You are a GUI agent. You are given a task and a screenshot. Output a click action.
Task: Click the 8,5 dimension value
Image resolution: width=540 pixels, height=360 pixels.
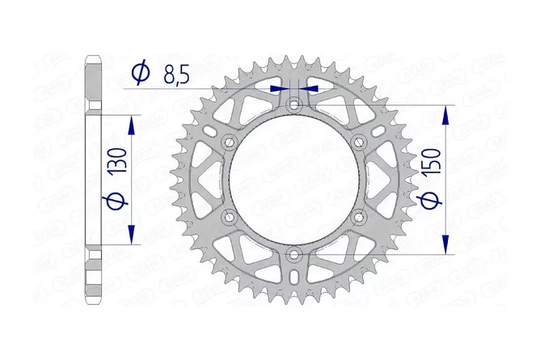(177, 75)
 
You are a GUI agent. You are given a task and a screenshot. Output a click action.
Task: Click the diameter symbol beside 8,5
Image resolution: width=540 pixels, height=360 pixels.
(141, 73)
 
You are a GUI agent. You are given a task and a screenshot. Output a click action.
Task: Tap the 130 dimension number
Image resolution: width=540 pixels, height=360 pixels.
(119, 160)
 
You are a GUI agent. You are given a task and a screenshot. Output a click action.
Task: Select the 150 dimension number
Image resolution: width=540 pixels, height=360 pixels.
(432, 161)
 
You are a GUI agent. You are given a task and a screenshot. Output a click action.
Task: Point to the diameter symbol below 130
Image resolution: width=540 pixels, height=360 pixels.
(116, 201)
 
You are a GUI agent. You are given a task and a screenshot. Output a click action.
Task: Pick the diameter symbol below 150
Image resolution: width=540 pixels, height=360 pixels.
(429, 200)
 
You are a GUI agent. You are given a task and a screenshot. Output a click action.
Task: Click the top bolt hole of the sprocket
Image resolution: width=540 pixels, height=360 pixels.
(293, 104)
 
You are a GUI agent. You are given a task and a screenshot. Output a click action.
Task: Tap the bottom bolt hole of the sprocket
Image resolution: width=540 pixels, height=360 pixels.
(293, 255)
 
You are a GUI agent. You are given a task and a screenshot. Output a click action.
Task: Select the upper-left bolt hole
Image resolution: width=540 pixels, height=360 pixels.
(229, 142)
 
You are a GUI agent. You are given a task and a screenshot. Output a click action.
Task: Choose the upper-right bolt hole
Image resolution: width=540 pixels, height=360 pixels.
(359, 142)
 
